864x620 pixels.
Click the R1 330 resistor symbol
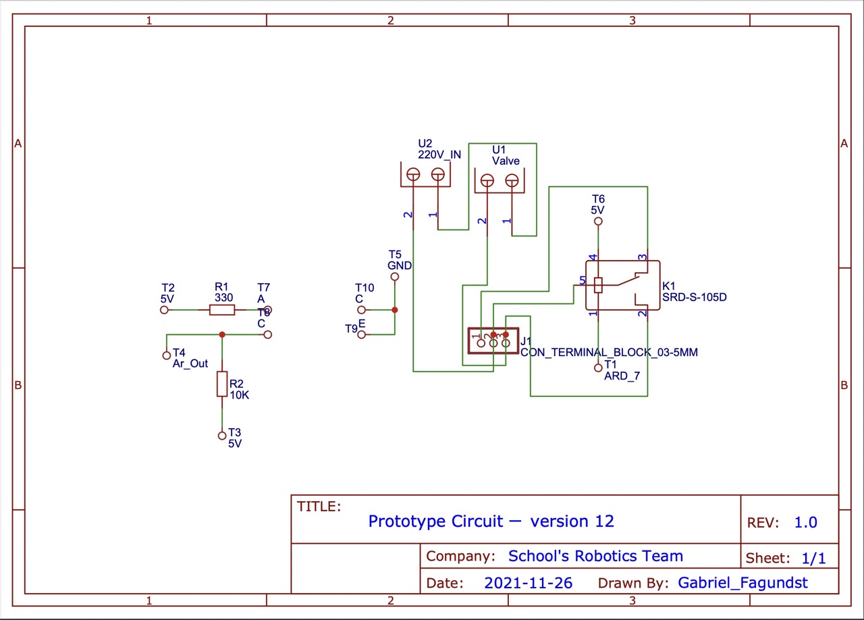click(222, 310)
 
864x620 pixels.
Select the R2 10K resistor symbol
click(222, 384)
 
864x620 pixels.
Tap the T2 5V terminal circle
click(163, 310)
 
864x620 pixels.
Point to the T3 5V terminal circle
click(221, 436)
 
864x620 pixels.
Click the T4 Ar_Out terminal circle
click(167, 355)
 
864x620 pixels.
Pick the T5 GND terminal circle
click(395, 276)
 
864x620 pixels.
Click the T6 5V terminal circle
click(598, 221)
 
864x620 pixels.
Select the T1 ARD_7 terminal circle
click(598, 367)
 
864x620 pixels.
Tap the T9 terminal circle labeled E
click(362, 334)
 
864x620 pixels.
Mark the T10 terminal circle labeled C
click(361, 310)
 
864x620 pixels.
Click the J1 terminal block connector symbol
click(493, 341)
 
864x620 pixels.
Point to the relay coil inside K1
click(598, 285)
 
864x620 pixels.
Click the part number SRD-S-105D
click(694, 296)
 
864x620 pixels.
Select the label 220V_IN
click(439, 154)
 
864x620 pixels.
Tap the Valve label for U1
click(506, 161)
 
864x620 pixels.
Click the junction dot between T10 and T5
click(395, 310)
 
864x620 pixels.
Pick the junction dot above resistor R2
click(222, 334)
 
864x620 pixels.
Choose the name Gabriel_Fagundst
click(742, 583)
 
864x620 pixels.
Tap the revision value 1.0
click(805, 522)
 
